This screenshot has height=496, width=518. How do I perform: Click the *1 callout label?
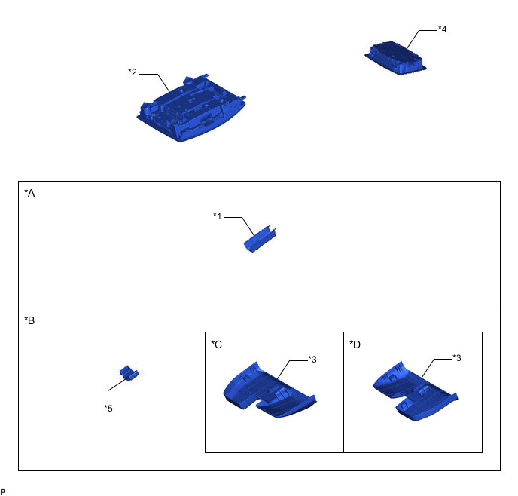click(218, 216)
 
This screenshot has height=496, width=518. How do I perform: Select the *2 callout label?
click(133, 72)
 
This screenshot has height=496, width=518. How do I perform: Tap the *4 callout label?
click(443, 29)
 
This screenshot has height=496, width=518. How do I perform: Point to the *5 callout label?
click(108, 409)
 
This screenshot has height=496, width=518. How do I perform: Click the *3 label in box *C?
click(312, 359)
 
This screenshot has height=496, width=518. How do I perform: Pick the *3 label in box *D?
click(456, 358)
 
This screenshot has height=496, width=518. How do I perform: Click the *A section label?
click(29, 193)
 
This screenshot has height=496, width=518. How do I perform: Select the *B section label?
click(29, 320)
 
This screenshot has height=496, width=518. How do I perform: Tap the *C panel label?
click(216, 344)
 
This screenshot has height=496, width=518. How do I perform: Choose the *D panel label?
click(355, 344)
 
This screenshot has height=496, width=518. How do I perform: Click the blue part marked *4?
click(395, 58)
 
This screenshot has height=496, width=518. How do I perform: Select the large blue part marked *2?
click(191, 109)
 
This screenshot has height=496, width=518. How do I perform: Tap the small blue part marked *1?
click(260, 239)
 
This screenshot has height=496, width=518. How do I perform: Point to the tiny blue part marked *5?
click(129, 373)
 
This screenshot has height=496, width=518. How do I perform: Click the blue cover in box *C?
click(270, 390)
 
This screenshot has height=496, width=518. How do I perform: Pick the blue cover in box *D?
click(416, 391)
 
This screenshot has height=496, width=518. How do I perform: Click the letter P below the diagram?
click(3, 492)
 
